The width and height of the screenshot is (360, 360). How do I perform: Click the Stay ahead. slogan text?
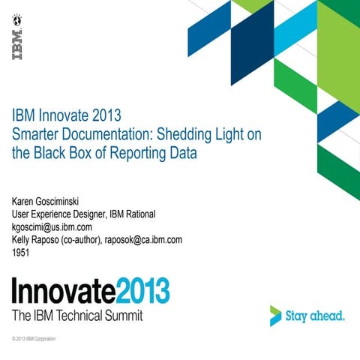pyautogui.click(x=316, y=316)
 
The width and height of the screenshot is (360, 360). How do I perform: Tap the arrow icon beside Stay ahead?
pyautogui.click(x=276, y=315)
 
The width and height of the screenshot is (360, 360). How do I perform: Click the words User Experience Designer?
pyautogui.click(x=57, y=214)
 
